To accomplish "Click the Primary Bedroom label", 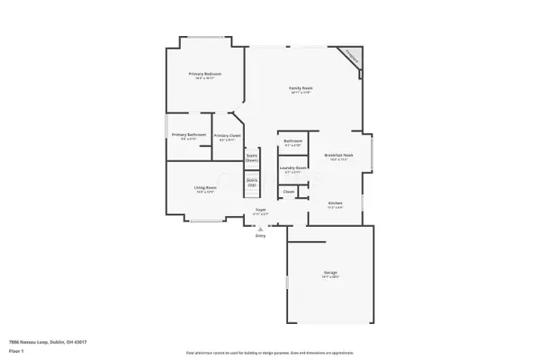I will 205,73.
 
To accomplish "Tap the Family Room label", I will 300,88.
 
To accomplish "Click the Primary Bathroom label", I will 189,135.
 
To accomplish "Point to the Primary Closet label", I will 227,135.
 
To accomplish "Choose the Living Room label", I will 205,187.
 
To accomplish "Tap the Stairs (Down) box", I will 252,157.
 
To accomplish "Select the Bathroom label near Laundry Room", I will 292,141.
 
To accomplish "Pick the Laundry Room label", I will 293,167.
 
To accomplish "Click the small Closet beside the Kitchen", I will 289,191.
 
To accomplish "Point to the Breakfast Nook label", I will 337,156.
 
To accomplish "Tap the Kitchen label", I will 335,203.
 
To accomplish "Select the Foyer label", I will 259,211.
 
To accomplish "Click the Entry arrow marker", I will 260,229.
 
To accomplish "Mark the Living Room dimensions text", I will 205,192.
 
